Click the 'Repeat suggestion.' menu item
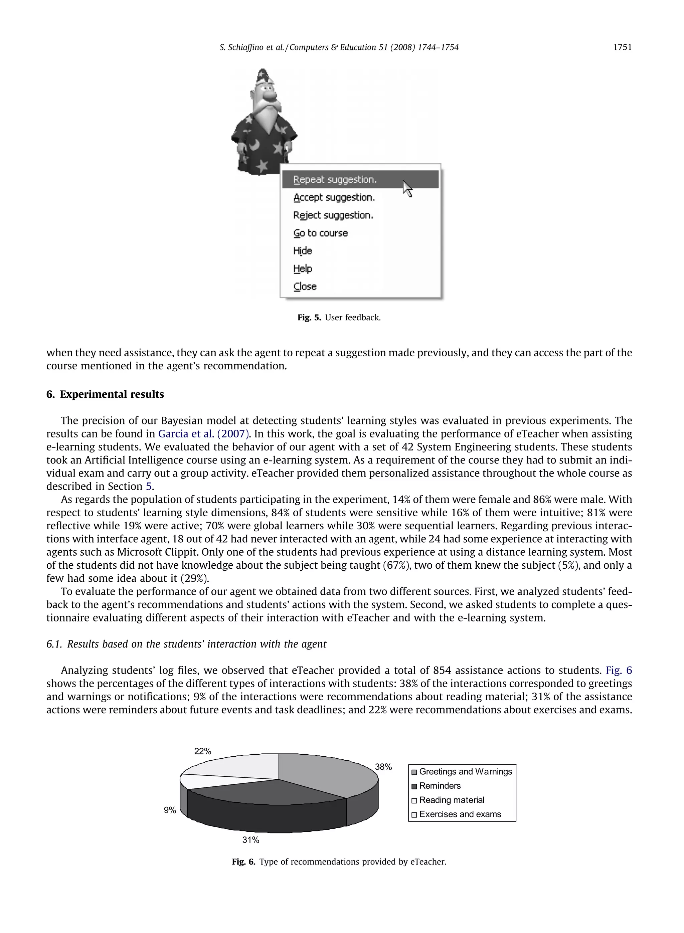(x=335, y=180)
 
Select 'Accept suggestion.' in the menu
(x=334, y=197)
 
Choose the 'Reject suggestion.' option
(x=333, y=215)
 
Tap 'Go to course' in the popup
(x=321, y=233)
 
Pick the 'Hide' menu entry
(x=302, y=251)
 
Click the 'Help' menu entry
(x=302, y=268)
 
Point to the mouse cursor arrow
(x=407, y=188)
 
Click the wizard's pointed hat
(x=263, y=76)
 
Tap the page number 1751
(x=622, y=47)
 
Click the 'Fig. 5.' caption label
(x=309, y=318)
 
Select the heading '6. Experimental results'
(x=105, y=394)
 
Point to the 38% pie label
(x=383, y=767)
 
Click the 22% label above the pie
(x=202, y=751)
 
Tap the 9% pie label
(x=170, y=810)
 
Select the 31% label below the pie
(x=250, y=840)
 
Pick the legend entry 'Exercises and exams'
(x=460, y=814)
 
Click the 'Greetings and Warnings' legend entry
(x=465, y=772)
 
